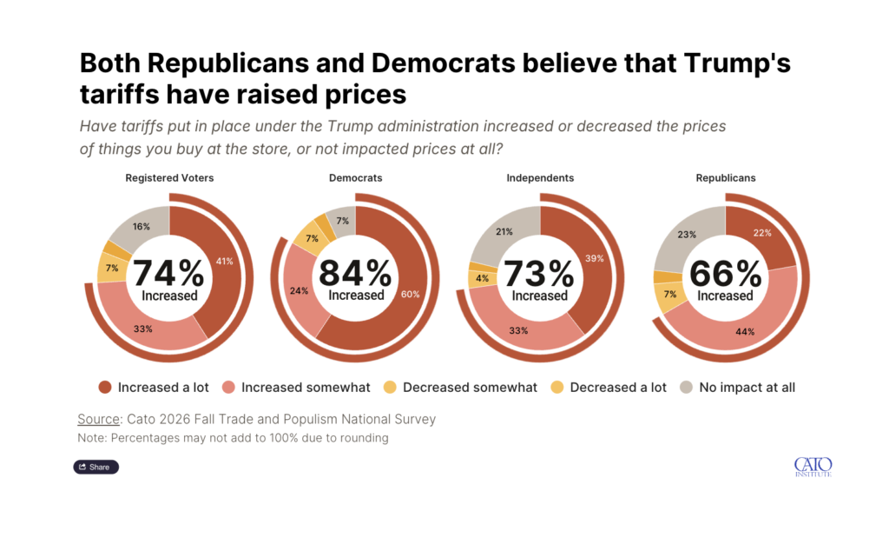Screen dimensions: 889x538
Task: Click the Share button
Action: point(95,467)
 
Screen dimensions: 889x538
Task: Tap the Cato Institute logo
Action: point(813,467)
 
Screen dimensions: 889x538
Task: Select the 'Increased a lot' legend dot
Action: point(105,387)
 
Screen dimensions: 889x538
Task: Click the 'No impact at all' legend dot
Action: point(686,387)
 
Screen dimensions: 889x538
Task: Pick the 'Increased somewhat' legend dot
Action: point(228,387)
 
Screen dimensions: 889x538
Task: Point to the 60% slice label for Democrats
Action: point(411,294)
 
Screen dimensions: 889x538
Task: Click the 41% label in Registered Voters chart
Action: point(225,261)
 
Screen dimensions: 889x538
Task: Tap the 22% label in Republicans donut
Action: point(762,233)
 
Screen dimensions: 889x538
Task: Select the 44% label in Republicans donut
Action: point(745,331)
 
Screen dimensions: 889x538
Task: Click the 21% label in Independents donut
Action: point(504,231)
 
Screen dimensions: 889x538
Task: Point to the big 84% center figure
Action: point(355,273)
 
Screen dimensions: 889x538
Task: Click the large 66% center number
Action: point(725,274)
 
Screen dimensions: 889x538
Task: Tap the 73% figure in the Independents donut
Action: point(539,274)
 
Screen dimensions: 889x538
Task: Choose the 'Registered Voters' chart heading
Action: point(169,177)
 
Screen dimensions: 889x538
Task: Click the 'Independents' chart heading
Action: point(540,177)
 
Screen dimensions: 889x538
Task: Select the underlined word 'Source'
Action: point(99,419)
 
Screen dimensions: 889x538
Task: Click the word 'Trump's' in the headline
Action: point(737,63)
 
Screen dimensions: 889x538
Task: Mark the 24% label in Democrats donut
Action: point(299,290)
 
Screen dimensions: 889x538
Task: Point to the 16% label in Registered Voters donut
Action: point(142,227)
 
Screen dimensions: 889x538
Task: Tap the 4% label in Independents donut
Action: point(483,278)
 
